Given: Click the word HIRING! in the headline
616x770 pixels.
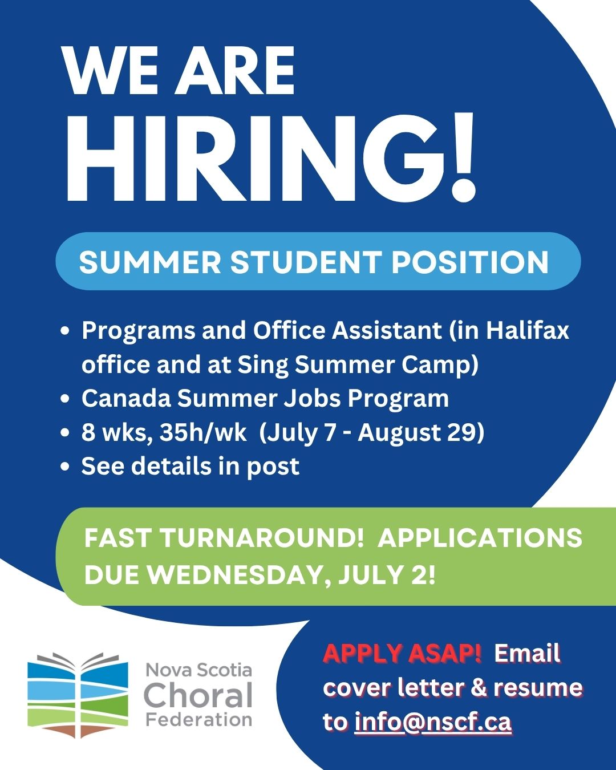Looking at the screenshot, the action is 271,157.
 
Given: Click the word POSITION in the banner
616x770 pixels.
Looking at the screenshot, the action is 470,262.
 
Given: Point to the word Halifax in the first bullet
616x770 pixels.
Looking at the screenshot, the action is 527,330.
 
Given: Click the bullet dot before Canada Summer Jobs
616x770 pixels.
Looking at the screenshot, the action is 65,399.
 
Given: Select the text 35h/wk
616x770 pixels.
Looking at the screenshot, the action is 203,432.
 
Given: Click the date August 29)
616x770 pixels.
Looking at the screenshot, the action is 422,433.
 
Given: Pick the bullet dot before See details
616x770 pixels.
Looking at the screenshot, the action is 65,467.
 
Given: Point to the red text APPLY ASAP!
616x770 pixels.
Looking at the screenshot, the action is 402,653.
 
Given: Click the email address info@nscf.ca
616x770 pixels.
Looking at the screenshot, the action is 433,722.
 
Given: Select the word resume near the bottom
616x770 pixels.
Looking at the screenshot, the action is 538,688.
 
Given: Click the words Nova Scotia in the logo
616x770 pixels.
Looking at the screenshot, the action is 198,670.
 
